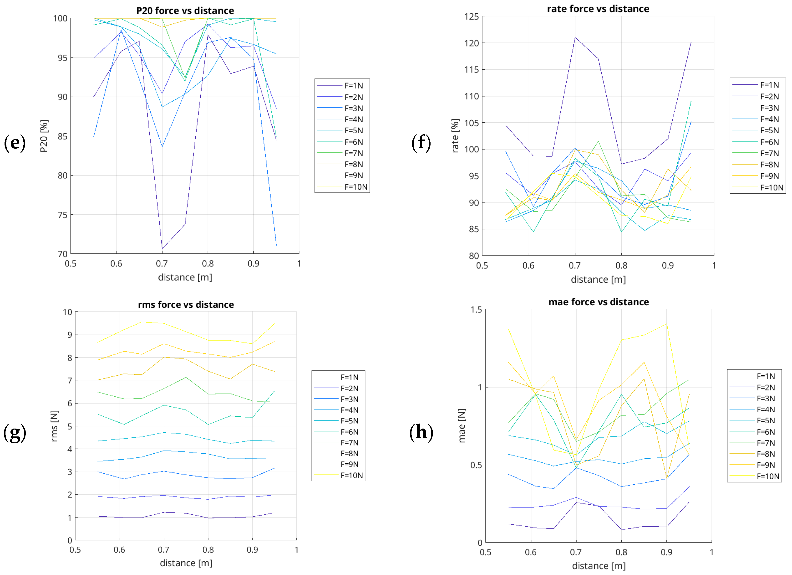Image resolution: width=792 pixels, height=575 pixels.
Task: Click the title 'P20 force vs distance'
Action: (x=185, y=10)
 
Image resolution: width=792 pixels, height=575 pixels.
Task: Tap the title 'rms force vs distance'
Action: (x=186, y=305)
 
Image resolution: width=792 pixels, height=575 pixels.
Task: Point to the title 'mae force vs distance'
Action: (x=599, y=302)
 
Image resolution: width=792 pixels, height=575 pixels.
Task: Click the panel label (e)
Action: (x=15, y=143)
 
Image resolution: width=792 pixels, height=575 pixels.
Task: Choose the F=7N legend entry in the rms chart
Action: (x=336, y=443)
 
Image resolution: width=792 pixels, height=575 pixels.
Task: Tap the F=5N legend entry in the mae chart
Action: (x=752, y=420)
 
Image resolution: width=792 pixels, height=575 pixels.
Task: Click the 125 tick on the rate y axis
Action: (x=472, y=16)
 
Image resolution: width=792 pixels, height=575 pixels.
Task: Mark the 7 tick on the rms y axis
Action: (x=70, y=380)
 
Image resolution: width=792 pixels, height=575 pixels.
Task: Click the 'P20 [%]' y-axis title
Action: (x=44, y=136)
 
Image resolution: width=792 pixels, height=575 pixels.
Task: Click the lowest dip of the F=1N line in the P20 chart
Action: (x=162, y=249)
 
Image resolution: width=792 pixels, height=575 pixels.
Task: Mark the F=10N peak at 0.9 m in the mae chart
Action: (x=666, y=324)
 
